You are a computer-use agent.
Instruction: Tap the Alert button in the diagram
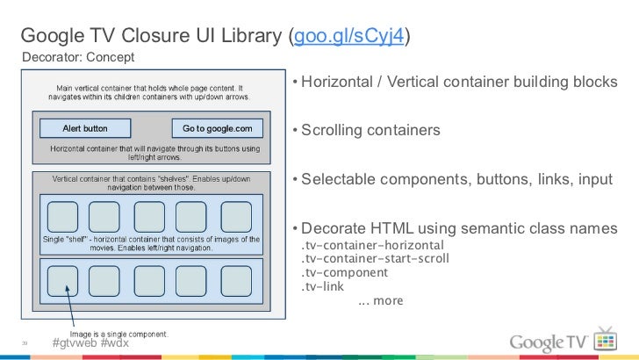pos(85,129)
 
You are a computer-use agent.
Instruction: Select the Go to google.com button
pos(217,129)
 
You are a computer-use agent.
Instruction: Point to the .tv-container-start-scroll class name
pos(375,258)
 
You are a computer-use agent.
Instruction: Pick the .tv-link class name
pos(322,286)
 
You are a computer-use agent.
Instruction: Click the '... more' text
pos(380,300)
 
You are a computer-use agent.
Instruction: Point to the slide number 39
pos(26,343)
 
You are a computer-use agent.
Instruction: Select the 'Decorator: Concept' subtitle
pos(77,58)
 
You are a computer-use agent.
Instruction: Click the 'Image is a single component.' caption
pos(113,333)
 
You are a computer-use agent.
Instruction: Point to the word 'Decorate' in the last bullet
pos(332,228)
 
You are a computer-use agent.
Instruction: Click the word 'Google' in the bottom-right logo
pos(540,341)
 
